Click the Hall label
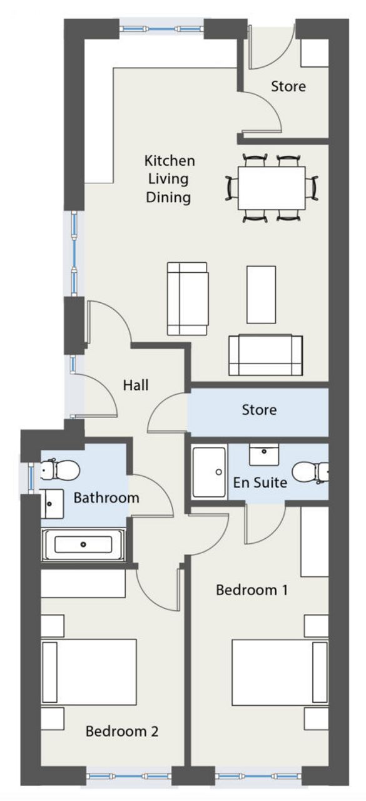(136, 385)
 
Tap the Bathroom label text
(106, 497)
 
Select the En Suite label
(260, 482)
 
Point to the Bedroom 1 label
(252, 589)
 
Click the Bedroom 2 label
(122, 731)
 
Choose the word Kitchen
(170, 161)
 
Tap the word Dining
(168, 197)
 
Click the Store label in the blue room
(259, 409)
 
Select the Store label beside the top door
(288, 86)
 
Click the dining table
(272, 188)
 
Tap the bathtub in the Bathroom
(83, 544)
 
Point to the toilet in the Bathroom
(60, 470)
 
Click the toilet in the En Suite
(310, 472)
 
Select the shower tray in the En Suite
(210, 472)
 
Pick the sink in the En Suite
(264, 454)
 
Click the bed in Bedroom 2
(89, 672)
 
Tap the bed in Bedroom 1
(280, 672)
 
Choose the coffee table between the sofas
(262, 295)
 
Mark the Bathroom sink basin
(52, 504)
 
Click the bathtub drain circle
(83, 544)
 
